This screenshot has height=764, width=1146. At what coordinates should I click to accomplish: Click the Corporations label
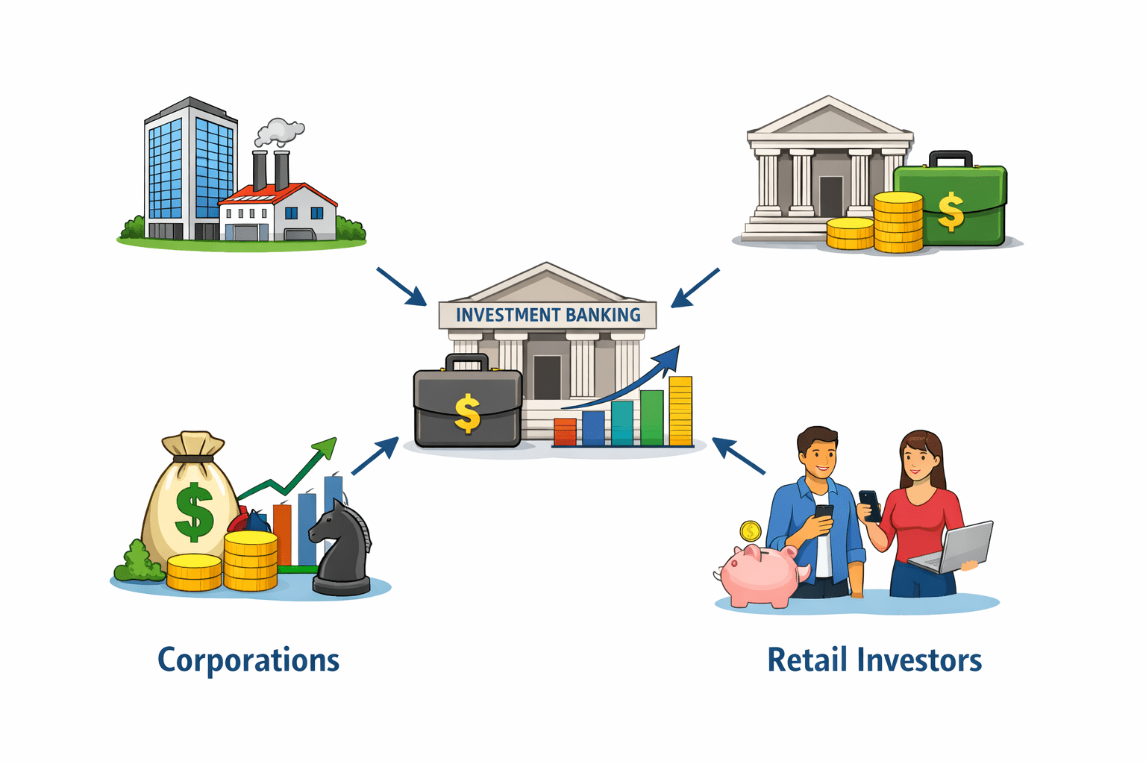248,661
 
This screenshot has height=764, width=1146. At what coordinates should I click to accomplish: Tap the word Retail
807,661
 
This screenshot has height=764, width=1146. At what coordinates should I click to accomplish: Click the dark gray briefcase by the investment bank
468,407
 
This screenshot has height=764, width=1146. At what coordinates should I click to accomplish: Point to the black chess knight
342,548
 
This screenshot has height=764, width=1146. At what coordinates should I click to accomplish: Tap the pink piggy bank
757,574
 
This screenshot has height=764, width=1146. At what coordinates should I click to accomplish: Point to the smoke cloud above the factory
279,132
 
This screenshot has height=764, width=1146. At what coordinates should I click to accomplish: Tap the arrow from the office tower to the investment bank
401,286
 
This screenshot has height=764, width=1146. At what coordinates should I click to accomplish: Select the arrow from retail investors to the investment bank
739,455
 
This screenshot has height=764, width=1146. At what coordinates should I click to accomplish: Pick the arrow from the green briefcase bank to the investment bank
695,288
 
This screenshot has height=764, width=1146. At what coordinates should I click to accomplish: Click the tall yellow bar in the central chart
680,411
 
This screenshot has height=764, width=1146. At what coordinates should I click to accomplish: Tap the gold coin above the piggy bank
750,531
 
